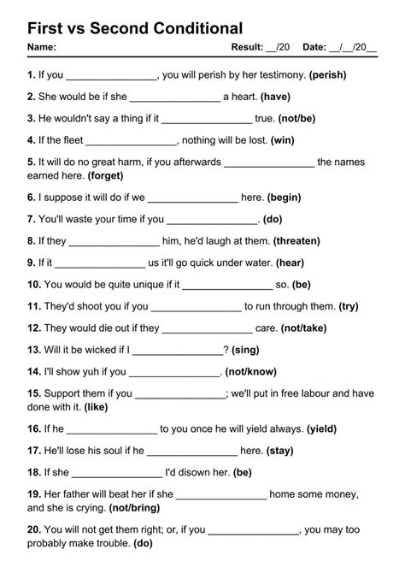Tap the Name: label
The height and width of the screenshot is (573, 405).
click(x=42, y=46)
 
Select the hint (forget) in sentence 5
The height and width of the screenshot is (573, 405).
click(x=105, y=175)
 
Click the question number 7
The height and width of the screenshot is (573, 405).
click(x=31, y=220)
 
